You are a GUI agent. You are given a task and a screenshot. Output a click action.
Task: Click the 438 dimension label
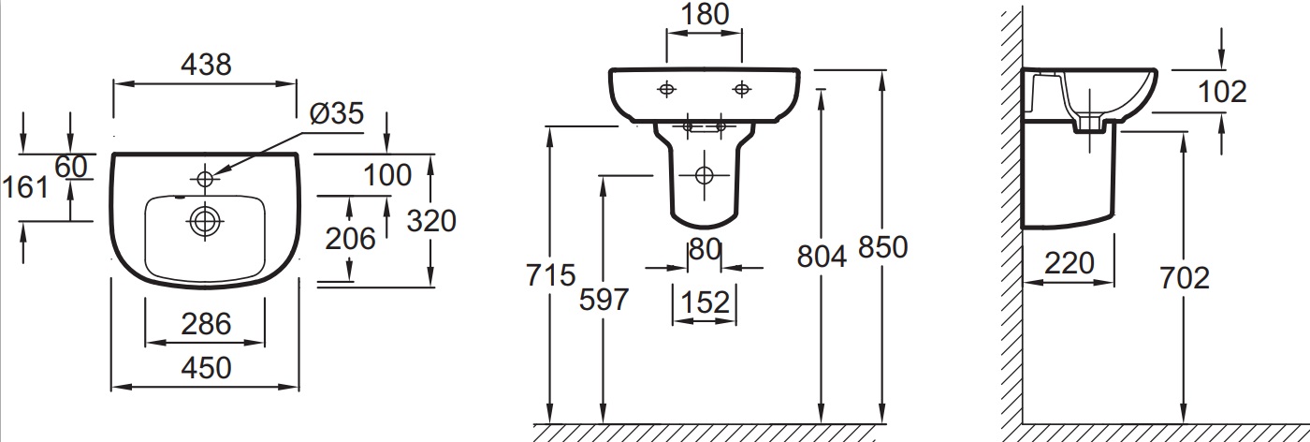coord(206,64)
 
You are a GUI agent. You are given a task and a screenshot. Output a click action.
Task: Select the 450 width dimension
coord(206,368)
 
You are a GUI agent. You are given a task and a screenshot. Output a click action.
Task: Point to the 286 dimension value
coord(206,324)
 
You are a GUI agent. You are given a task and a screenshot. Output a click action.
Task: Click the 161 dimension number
coord(25,187)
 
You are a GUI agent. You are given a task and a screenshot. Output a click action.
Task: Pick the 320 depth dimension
coord(431,221)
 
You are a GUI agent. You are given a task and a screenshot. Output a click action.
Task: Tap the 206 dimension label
coord(350,239)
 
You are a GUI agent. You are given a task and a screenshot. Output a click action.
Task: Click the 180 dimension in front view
coord(705,15)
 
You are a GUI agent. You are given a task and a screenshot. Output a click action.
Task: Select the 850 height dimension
coord(882,247)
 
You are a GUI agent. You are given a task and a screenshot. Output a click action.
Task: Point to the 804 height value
coord(822,257)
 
